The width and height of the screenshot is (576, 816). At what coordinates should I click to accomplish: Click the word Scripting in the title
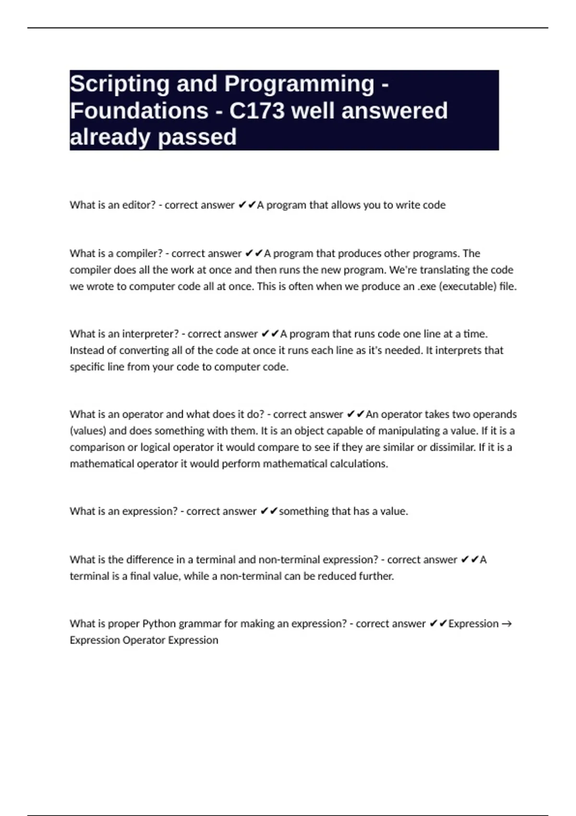pos(117,84)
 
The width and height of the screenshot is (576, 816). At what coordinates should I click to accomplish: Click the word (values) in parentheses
pos(88,431)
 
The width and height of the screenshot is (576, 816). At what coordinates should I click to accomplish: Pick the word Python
pos(159,624)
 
